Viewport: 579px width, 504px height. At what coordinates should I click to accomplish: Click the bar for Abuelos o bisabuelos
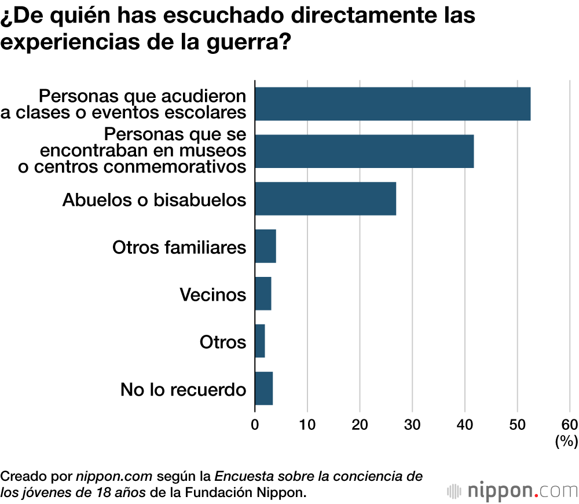click(325, 199)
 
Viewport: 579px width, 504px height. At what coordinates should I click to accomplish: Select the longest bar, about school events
click(393, 104)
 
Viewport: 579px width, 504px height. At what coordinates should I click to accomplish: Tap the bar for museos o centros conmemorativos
click(364, 151)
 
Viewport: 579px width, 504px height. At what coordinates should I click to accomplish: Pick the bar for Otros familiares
click(265, 246)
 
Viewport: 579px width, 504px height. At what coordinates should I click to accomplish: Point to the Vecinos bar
click(263, 294)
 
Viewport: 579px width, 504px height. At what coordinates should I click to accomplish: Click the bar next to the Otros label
click(260, 341)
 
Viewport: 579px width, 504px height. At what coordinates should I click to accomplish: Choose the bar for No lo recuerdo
click(263, 389)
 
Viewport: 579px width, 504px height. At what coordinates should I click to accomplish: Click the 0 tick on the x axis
click(255, 423)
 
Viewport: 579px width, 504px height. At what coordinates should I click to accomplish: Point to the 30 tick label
click(412, 423)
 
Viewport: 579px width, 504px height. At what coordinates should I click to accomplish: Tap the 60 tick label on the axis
click(569, 423)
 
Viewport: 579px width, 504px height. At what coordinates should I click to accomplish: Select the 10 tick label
click(307, 423)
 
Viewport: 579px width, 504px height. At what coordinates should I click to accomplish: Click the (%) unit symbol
click(566, 441)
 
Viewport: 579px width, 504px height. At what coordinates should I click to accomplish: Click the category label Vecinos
click(212, 294)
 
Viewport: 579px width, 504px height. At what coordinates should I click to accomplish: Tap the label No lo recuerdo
click(183, 389)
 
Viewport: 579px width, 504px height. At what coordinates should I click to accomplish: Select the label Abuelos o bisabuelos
click(154, 199)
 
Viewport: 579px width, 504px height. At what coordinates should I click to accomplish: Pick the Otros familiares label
click(179, 247)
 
